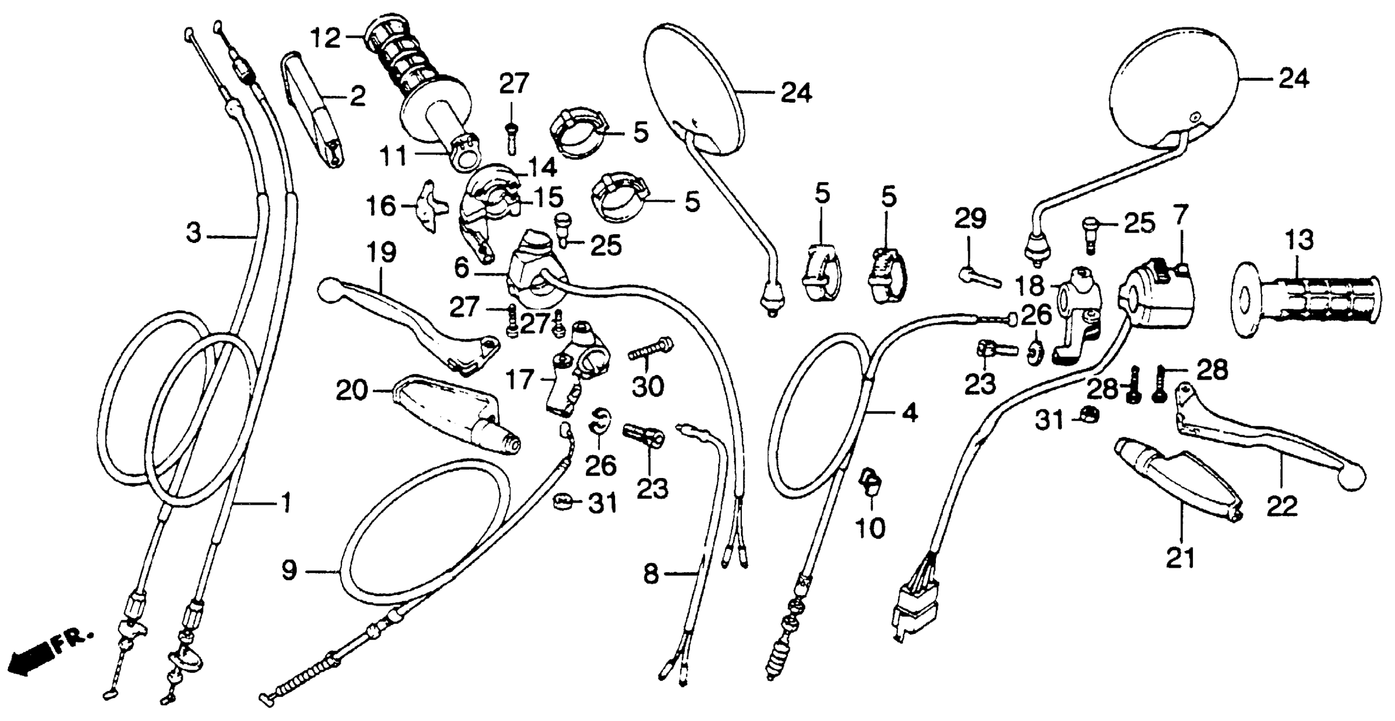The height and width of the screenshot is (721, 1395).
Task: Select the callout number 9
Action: (290, 570)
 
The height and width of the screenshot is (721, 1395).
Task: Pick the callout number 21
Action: (1180, 558)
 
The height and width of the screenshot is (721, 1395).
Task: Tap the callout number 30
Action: (648, 387)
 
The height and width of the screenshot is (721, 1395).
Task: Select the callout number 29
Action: (970, 219)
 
